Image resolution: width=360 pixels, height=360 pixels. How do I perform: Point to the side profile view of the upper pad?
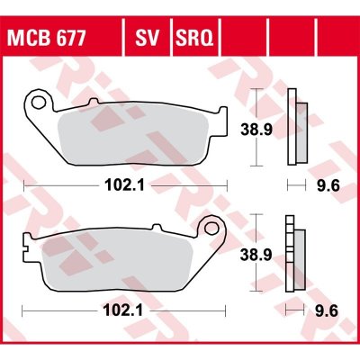294,130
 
